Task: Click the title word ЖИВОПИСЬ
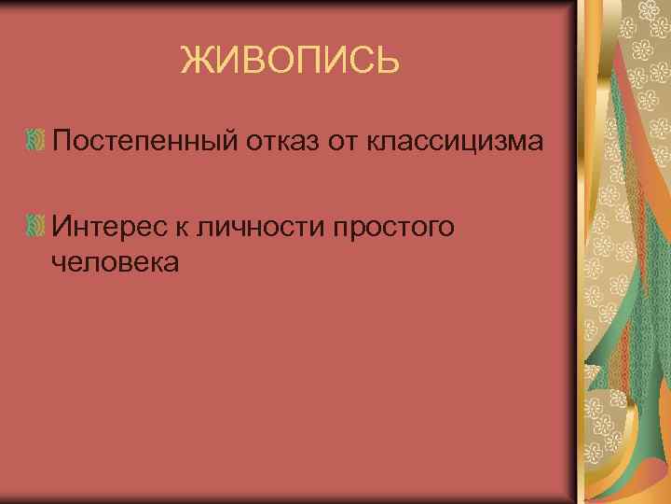pyautogui.click(x=290, y=62)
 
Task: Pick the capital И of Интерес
pyautogui.click(x=62, y=226)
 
